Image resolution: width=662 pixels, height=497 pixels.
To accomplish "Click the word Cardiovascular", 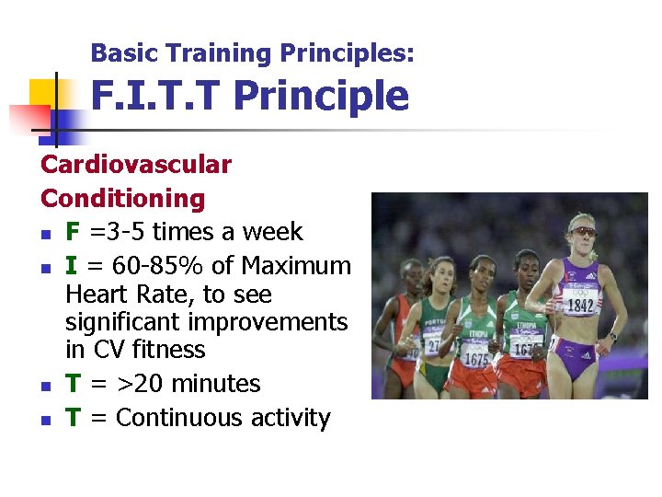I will point(136,165).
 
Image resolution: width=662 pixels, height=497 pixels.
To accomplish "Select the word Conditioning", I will point(123,198).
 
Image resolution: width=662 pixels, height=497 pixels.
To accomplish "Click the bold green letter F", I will point(73,232).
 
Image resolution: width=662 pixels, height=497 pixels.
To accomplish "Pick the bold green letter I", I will point(71,266).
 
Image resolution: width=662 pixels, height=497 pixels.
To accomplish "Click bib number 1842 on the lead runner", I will point(578,306).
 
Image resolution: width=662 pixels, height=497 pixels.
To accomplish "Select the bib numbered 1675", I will point(476,359).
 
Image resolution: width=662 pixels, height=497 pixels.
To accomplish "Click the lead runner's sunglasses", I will point(583,232).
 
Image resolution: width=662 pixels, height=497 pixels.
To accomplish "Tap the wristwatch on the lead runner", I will point(612,336).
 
